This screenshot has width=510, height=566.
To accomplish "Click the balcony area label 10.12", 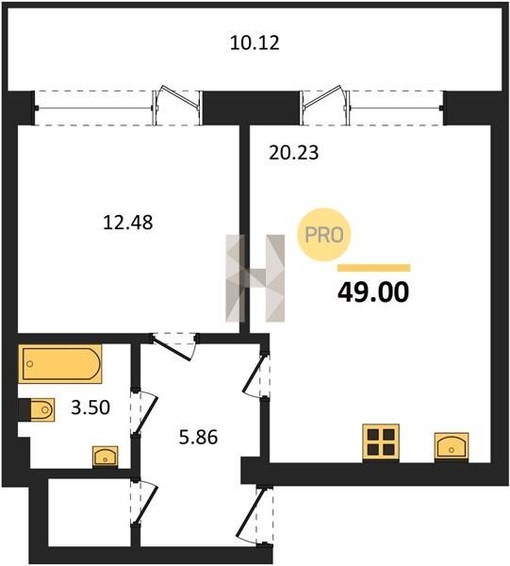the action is click(x=255, y=42).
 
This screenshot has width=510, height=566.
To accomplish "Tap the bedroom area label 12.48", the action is click(x=128, y=222).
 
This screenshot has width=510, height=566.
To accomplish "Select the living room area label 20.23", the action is click(x=294, y=152).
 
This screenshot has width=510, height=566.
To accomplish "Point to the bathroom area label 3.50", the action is click(x=90, y=408).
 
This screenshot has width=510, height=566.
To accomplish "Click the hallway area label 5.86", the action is click(x=198, y=437).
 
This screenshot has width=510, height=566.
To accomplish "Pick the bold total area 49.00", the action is click(x=373, y=291).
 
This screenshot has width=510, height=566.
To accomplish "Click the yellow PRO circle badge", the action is click(x=324, y=235).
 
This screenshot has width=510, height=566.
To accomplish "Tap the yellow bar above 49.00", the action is click(x=374, y=268).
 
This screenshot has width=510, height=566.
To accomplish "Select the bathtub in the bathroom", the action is click(x=60, y=363).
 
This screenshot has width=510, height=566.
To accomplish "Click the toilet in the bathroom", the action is click(x=37, y=409).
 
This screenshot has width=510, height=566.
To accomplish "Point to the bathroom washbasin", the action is click(x=105, y=457).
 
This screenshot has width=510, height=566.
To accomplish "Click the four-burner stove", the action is click(x=381, y=442).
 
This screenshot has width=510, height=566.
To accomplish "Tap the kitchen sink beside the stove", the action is click(x=452, y=447).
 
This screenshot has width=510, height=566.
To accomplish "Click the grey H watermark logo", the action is click(x=255, y=278).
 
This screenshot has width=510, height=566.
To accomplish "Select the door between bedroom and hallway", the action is click(x=173, y=346).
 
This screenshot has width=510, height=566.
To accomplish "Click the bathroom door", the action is click(x=144, y=412).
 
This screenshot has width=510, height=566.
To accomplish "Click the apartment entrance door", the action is click(x=255, y=515).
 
